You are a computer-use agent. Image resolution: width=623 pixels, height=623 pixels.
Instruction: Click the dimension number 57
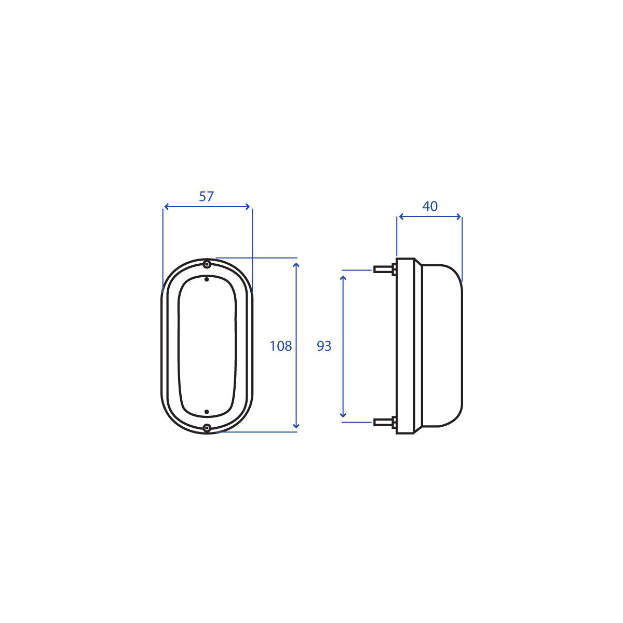tap(206, 196)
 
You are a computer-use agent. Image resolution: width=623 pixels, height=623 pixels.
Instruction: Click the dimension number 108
tap(281, 346)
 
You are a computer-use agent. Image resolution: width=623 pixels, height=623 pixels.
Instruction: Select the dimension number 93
tap(324, 346)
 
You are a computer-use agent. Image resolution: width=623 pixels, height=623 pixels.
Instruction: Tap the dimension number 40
tap(430, 206)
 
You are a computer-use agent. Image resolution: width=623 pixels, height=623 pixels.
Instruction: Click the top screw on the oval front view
tap(207, 264)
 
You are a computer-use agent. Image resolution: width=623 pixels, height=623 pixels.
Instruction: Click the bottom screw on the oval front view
tap(207, 428)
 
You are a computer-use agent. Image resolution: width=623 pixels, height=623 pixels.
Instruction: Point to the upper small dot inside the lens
tap(207, 279)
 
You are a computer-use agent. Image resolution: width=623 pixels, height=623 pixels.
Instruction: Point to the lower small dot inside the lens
tap(207, 412)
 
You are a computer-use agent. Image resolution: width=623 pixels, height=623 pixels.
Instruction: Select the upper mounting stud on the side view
tap(385, 269)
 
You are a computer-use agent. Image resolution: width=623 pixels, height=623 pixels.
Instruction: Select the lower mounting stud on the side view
tap(385, 422)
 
